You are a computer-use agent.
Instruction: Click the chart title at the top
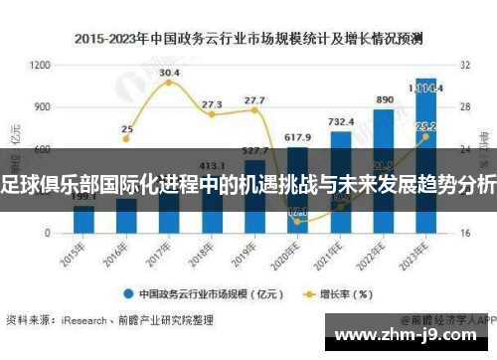coord(248,40)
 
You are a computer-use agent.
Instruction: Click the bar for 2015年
coord(83,220)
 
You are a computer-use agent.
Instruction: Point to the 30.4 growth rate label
coord(169,73)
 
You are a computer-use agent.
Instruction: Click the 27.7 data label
coord(254,100)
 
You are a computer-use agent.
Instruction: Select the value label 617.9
coord(298,136)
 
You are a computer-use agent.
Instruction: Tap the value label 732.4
coord(341,121)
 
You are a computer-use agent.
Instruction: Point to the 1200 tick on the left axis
coord(41,65)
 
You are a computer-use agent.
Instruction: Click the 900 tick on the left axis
coord(41,106)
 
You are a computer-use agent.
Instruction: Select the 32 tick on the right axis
coord(464,65)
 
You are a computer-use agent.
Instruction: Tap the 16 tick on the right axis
coord(464,233)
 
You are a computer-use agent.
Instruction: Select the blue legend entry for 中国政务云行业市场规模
coord(199,293)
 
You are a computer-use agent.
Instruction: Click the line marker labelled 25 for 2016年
coord(126,139)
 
